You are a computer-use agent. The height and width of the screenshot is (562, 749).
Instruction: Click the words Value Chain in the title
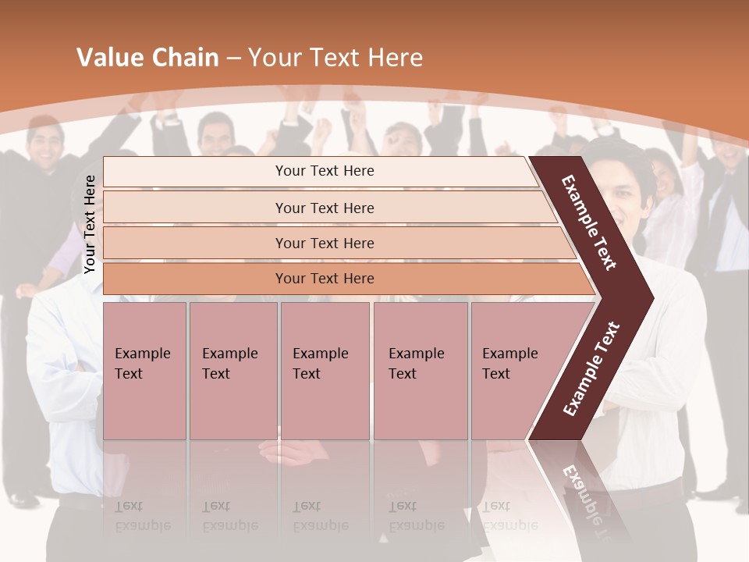(x=147, y=58)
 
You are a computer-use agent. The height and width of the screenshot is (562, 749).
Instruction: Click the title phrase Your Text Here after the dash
(x=335, y=58)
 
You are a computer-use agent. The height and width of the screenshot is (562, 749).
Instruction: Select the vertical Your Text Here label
(x=90, y=224)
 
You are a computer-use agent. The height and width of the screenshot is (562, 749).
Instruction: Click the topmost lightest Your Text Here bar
(x=325, y=171)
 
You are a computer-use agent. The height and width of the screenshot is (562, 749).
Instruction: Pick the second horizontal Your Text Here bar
(x=325, y=208)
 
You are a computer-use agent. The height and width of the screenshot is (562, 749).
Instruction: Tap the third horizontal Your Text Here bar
(x=325, y=243)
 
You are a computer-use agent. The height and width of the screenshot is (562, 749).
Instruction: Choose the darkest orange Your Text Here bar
(x=325, y=279)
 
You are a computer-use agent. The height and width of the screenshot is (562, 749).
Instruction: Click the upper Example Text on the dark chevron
(x=589, y=222)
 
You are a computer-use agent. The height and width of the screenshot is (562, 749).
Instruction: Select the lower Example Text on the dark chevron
(x=591, y=369)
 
